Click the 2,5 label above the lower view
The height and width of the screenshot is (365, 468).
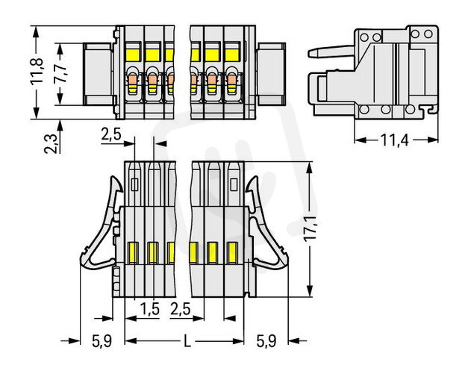tap(111, 135)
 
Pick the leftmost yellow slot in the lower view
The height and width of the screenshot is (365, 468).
tap(134, 253)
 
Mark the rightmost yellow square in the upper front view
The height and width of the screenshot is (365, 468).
tap(231, 54)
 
